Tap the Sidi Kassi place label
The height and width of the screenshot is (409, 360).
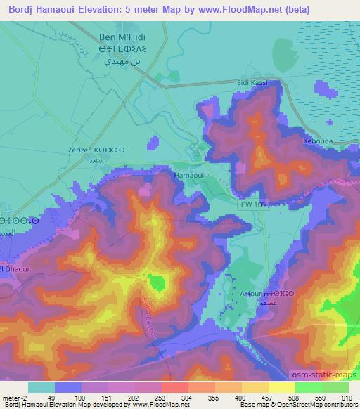tap(253, 83)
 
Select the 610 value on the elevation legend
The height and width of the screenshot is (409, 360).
tap(347, 397)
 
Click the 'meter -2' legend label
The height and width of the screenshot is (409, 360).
tap(15, 397)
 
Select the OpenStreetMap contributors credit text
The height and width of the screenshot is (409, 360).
tap(314, 405)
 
